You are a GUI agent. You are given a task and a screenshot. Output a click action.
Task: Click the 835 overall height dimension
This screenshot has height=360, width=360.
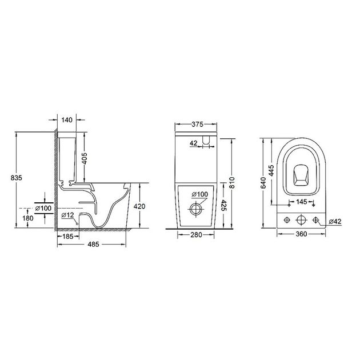17,178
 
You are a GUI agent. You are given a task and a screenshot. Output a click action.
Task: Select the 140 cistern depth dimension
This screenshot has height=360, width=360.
67,120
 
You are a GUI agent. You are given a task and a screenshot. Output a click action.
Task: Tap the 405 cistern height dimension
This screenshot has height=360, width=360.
85,158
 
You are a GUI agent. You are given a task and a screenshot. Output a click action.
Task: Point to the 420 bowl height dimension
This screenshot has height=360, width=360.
139,206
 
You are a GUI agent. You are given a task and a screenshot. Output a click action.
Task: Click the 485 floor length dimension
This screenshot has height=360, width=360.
94,245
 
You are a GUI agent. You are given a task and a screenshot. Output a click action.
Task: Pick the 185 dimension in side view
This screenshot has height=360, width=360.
68,236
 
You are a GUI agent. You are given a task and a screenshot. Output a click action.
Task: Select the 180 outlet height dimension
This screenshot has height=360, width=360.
28,218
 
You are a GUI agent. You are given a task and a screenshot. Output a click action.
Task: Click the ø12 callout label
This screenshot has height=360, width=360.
68,215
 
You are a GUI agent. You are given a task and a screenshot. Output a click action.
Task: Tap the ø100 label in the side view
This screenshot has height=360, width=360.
43,208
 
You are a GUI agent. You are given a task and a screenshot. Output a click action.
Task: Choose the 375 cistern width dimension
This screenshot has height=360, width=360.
198,124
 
